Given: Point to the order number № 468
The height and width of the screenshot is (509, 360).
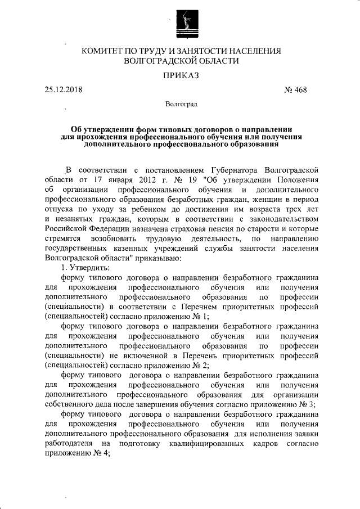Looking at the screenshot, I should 296,90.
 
